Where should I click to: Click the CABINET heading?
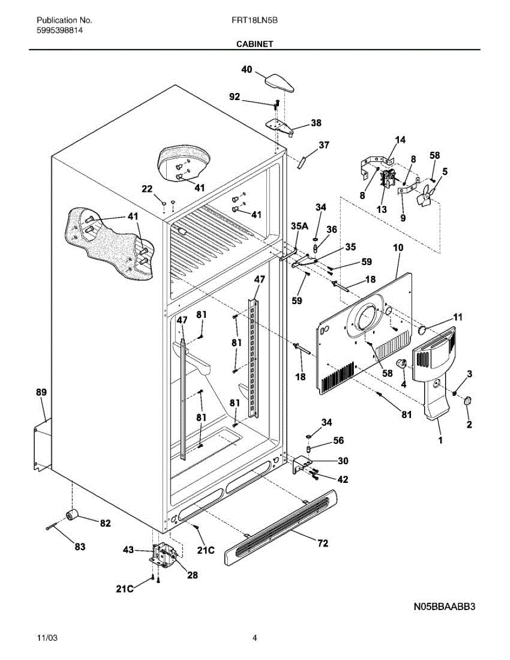[255, 44]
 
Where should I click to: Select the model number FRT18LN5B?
[255, 20]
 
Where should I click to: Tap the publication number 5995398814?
[59, 30]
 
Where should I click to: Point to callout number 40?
[246, 69]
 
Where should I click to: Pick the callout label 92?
[234, 97]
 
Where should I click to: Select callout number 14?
[401, 140]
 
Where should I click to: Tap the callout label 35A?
[299, 226]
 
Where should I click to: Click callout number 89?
[42, 392]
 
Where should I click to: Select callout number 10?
[398, 248]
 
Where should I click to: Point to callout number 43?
[128, 549]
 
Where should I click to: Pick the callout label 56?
[338, 440]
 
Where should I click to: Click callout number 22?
[147, 189]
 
